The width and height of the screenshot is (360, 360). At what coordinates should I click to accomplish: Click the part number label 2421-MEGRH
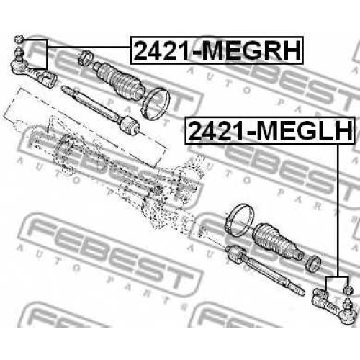pyautogui.click(x=217, y=50)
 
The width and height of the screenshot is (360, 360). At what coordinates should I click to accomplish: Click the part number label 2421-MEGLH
pyautogui.click(x=270, y=130)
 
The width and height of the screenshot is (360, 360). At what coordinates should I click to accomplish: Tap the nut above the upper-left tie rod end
pyautogui.click(x=19, y=39)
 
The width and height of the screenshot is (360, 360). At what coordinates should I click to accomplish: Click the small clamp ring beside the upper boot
pyautogui.click(x=86, y=58)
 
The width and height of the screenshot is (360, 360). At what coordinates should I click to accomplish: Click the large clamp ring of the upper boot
pyautogui.click(x=156, y=104)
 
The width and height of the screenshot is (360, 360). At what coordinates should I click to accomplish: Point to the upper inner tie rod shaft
pyautogui.click(x=91, y=102)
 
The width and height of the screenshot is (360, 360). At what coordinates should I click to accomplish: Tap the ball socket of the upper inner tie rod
pyautogui.click(x=130, y=125)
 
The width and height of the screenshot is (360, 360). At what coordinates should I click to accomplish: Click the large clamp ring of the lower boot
pyautogui.click(x=240, y=219)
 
